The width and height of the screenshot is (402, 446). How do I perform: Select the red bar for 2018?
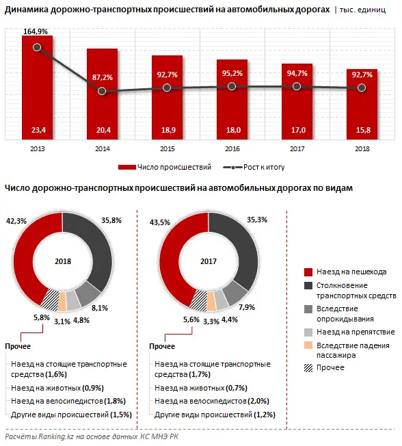[x=361, y=109]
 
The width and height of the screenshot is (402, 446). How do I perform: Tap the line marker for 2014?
[x=102, y=91]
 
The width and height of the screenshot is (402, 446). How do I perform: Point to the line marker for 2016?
[x=232, y=86]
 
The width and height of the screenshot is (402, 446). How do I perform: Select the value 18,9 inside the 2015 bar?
[x=167, y=130]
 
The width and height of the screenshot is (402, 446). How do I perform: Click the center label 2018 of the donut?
[x=62, y=261]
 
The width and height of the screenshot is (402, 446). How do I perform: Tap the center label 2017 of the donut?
[x=209, y=261]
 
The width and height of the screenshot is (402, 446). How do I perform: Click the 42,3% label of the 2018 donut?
[x=16, y=221]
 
